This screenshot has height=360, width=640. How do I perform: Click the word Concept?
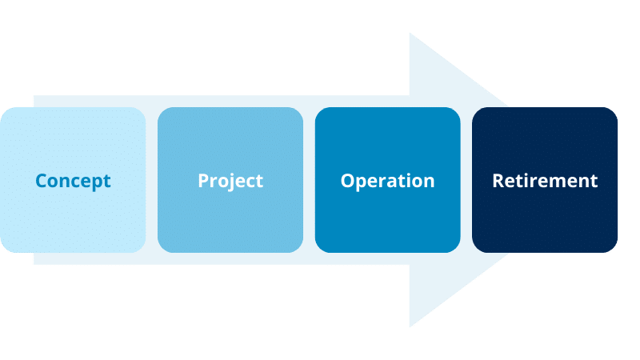click(x=73, y=181)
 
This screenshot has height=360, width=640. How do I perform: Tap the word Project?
click(x=230, y=181)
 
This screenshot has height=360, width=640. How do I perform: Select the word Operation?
click(x=387, y=181)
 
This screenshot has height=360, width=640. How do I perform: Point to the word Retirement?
click(x=545, y=181)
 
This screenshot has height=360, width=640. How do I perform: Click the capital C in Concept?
click(x=42, y=181)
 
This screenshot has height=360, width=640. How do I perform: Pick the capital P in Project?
click(x=203, y=181)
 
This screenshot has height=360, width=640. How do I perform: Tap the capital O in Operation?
click(x=347, y=181)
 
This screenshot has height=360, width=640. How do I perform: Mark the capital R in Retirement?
click(x=498, y=181)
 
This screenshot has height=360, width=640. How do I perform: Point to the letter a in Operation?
click(x=398, y=182)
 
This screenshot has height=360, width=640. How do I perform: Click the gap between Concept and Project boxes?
click(x=152, y=180)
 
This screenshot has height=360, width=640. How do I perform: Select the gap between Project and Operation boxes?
click(x=310, y=180)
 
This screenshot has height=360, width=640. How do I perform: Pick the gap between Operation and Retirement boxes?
click(x=466, y=180)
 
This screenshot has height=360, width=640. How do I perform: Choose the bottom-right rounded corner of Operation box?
click(x=455, y=247)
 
